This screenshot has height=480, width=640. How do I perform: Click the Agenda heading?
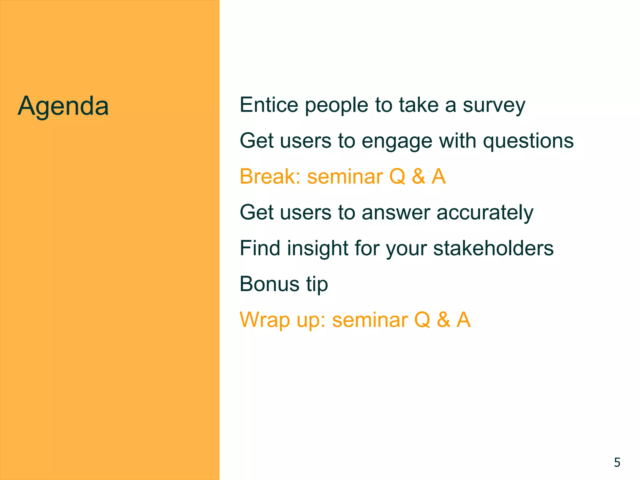tap(63, 107)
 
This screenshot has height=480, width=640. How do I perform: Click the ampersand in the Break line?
tap(418, 177)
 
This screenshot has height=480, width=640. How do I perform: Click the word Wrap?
tap(264, 320)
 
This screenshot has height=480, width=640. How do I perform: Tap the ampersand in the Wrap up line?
tap(443, 320)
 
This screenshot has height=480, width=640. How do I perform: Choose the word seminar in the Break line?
tap(345, 177)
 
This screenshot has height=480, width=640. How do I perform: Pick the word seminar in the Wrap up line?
tap(370, 320)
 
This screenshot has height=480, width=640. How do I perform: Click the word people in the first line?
tap(336, 106)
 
